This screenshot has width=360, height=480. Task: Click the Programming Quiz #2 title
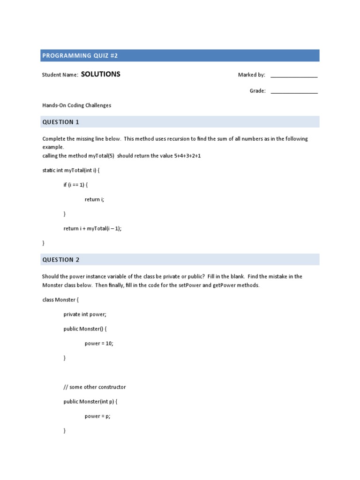80,56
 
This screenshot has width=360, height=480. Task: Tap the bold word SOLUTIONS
101,74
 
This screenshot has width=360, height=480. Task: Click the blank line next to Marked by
294,75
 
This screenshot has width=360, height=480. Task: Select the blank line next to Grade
294,91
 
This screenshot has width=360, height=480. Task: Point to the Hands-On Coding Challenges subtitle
76,105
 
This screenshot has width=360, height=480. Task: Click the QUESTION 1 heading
61,122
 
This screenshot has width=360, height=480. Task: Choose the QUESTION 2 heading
61,260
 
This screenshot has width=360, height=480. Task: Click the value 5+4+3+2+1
187,156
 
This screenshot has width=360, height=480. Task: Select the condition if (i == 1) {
75,185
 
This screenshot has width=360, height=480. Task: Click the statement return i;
94,200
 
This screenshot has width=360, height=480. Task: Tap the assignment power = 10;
99,344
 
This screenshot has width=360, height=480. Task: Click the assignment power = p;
97,416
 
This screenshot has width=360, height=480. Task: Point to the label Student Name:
60,75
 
